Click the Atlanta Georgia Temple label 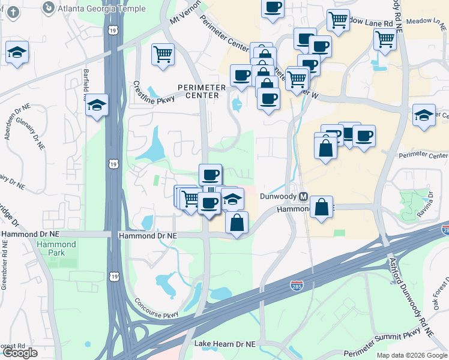(101, 8)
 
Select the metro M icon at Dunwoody (304, 197)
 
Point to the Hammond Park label (56, 248)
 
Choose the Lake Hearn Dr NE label (224, 344)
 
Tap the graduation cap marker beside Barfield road (97, 106)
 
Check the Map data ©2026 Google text (411, 355)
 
